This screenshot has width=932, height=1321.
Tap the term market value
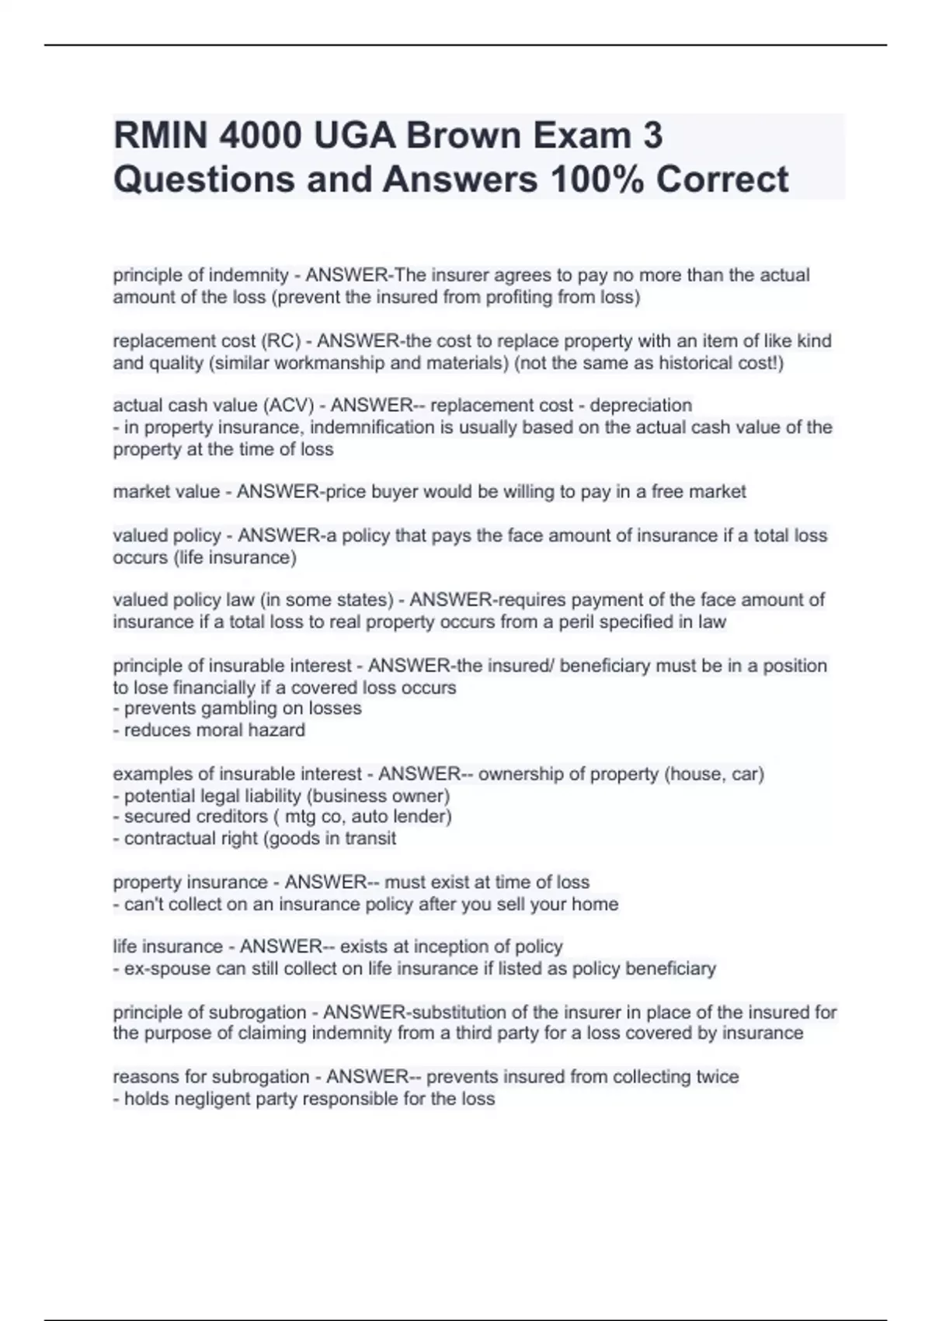165,492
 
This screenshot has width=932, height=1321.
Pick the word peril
618,622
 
